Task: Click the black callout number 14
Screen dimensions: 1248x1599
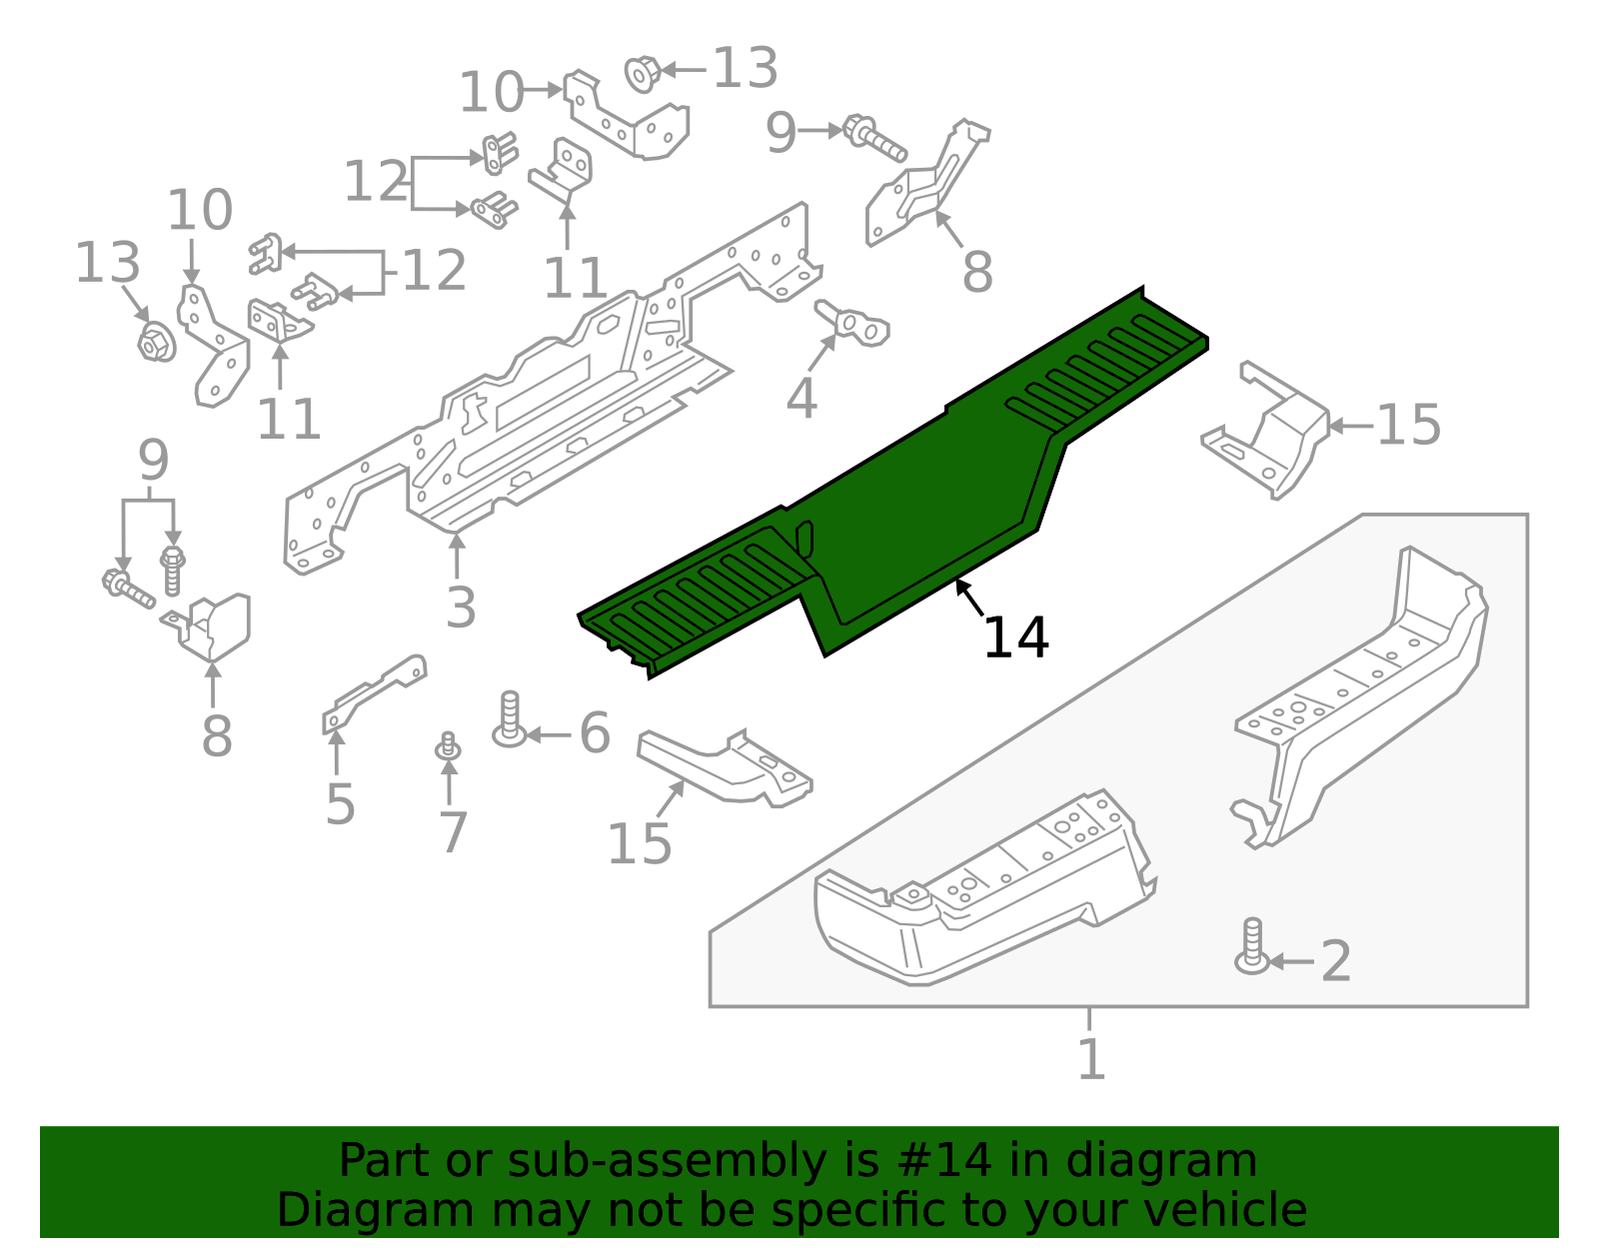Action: (1015, 637)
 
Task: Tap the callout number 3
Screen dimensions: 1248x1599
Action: (460, 607)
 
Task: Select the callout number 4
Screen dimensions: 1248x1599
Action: (801, 398)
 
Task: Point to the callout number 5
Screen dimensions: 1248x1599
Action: (340, 804)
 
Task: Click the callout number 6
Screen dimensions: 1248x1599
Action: (595, 734)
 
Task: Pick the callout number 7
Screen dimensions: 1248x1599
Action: (453, 832)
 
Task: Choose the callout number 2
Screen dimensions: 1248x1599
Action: (1335, 961)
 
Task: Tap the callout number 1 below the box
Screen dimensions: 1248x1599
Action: (1090, 1059)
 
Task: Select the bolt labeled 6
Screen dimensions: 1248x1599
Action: (510, 720)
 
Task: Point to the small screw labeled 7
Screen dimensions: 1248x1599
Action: (448, 746)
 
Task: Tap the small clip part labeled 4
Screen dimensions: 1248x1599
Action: (852, 323)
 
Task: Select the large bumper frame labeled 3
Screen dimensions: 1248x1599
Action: (540, 400)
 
